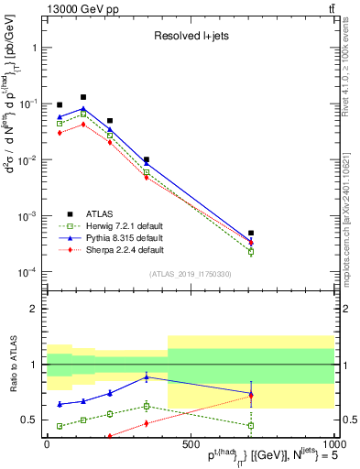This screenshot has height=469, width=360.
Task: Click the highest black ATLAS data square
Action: [x=83, y=97]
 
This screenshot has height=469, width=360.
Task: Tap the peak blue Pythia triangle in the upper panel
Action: [x=83, y=109]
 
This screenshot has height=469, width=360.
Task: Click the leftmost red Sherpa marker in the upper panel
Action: [x=60, y=133]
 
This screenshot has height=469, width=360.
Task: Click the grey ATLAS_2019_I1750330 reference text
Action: [x=191, y=274]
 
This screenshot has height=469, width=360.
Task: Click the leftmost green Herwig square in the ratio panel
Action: [x=60, y=426]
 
